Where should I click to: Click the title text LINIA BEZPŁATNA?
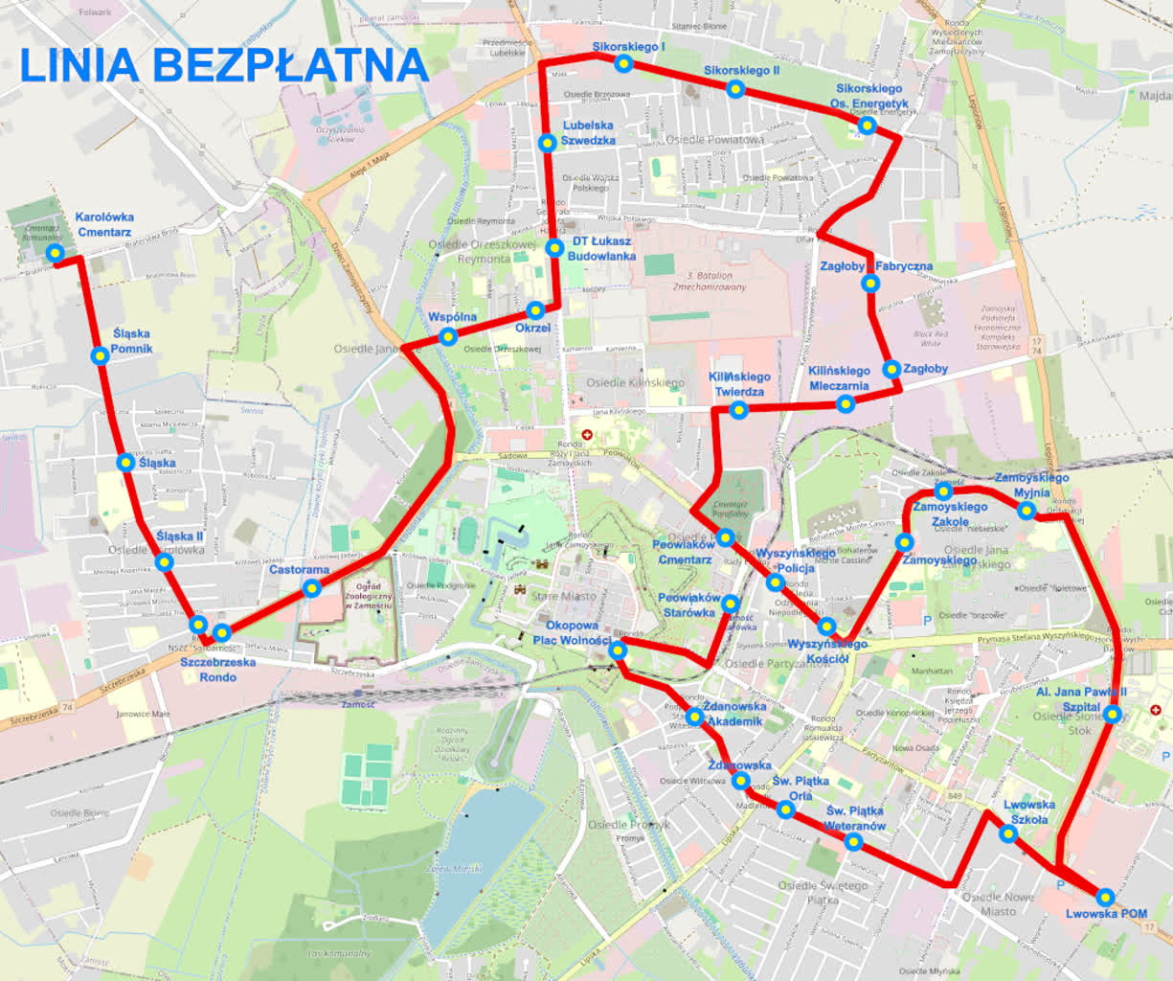pos(223,64)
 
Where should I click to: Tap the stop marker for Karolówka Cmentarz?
pos(56,253)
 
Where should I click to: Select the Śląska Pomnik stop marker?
pos(100,356)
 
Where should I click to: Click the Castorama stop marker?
pos(311,587)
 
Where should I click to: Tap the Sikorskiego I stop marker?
pos(624,63)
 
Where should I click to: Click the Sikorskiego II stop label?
pos(741,71)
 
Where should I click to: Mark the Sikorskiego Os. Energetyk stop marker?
pos(867,125)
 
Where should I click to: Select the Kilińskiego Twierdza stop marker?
pos(738,410)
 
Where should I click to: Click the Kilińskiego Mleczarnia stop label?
pos(839,378)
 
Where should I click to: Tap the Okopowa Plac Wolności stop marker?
pos(618,650)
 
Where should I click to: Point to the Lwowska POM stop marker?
pos(1105,897)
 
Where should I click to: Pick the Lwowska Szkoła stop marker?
pos(1008,833)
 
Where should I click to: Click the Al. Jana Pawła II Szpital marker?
pos(1112,714)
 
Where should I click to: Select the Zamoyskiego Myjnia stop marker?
pos(1026,510)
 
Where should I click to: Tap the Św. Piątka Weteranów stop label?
pos(854,818)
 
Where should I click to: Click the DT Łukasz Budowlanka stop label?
pos(601,249)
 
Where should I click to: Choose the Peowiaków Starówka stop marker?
pos(731,604)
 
